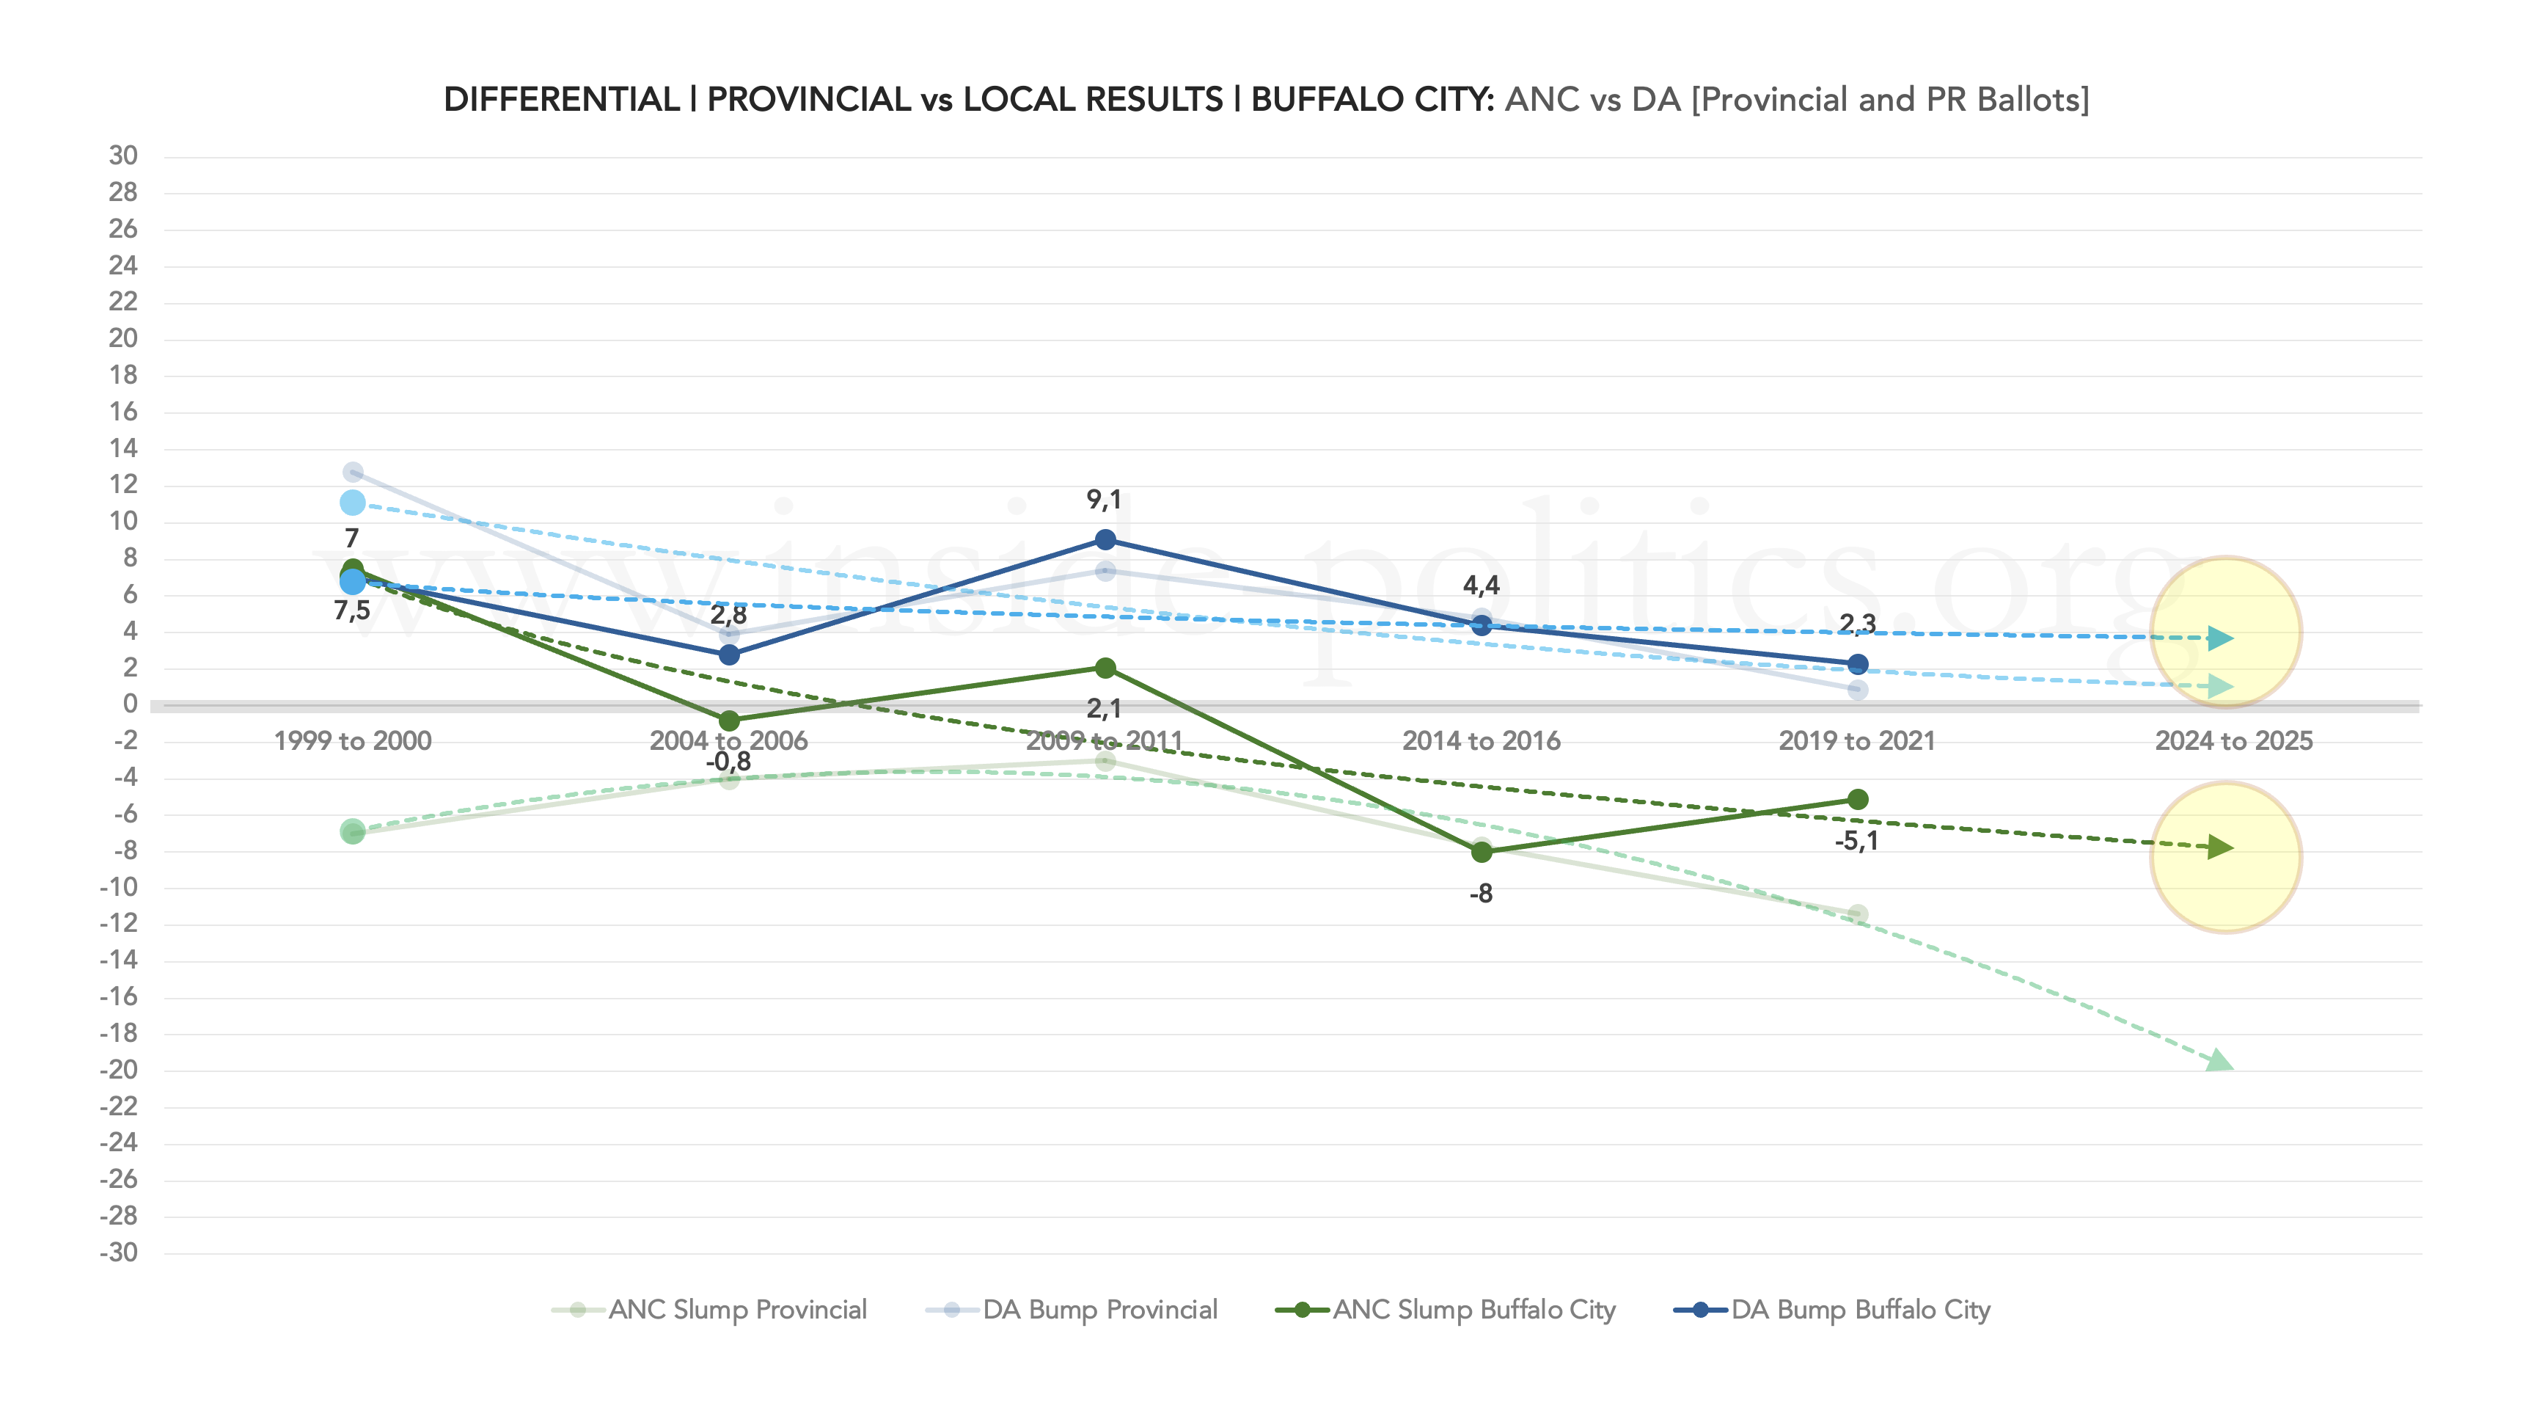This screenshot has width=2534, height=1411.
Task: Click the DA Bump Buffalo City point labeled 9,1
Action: point(1105,540)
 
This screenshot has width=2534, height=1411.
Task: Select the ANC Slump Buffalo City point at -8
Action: point(1482,852)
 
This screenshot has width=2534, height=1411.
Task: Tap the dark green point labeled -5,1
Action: point(1857,800)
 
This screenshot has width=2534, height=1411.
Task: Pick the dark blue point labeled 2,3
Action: point(1857,664)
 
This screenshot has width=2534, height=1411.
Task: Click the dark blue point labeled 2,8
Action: point(729,655)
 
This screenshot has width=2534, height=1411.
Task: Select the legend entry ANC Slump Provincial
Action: point(709,1310)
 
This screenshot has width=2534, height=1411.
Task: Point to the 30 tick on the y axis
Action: point(123,156)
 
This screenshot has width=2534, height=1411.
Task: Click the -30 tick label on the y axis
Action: point(119,1253)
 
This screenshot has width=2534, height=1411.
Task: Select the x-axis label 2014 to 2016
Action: point(1482,741)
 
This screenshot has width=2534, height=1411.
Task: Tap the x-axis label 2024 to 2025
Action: point(2233,741)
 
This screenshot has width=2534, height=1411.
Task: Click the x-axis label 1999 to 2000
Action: point(352,741)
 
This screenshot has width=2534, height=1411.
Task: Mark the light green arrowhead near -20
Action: point(2219,1062)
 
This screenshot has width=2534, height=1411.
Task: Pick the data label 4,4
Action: point(1482,586)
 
